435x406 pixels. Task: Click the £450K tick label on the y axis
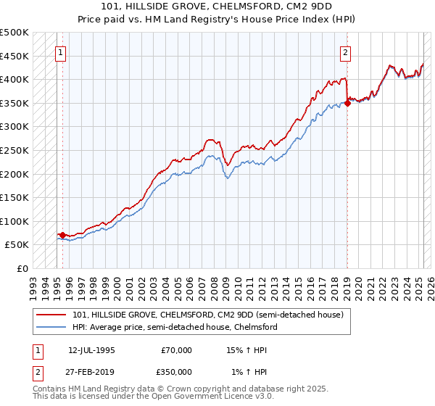14,56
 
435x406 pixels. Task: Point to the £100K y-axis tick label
14,221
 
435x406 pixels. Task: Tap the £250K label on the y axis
14,150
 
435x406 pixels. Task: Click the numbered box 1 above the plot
60,52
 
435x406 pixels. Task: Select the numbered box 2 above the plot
346,52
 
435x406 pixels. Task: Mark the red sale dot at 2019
347,103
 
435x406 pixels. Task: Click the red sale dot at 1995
63,235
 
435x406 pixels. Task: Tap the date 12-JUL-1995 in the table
91,349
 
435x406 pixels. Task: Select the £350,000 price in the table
173,371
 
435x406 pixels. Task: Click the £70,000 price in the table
176,349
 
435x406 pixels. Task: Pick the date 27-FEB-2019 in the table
91,371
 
